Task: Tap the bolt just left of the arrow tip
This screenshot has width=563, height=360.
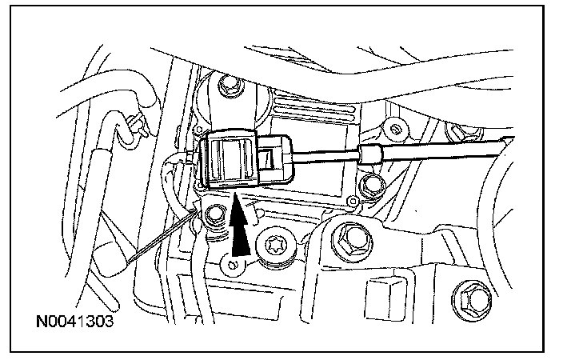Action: coord(214,215)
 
